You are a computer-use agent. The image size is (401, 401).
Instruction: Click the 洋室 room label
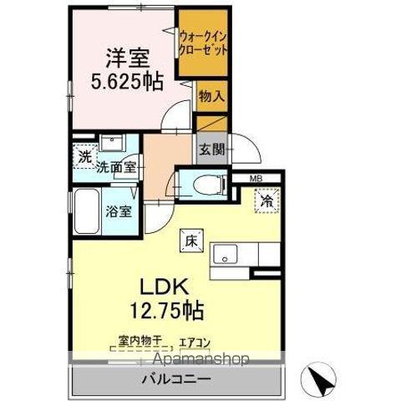coord(127,60)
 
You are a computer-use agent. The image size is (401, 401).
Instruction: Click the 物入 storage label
coord(211,96)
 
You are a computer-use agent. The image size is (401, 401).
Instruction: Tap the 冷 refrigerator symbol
coord(266,200)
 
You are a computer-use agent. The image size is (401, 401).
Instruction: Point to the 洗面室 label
coord(117,167)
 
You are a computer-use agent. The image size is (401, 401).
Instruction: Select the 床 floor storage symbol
coord(189,242)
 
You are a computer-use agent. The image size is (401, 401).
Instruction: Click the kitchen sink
coord(226,254)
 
